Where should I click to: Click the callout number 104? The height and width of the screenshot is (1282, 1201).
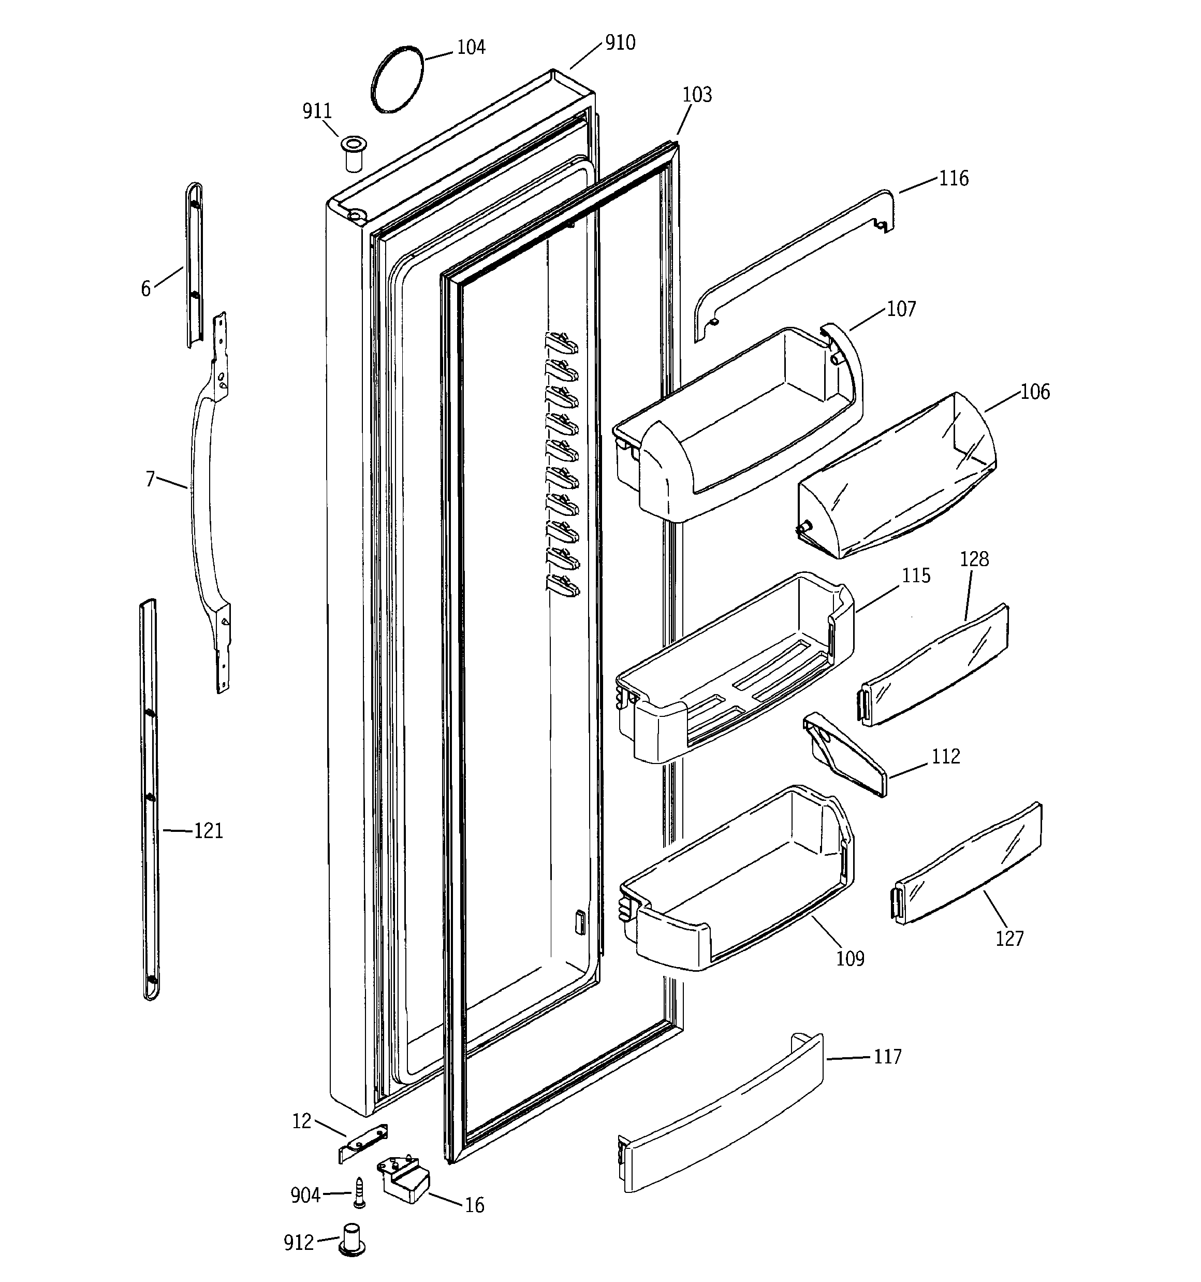471,48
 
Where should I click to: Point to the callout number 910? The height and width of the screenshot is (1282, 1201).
620,43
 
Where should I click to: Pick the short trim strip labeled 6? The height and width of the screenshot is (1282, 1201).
194,264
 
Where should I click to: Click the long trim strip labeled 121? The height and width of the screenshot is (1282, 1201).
150,800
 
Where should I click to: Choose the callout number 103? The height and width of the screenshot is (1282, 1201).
697,95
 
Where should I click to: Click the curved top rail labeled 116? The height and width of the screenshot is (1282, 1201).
793,264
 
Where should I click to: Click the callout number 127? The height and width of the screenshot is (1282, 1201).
1009,938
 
